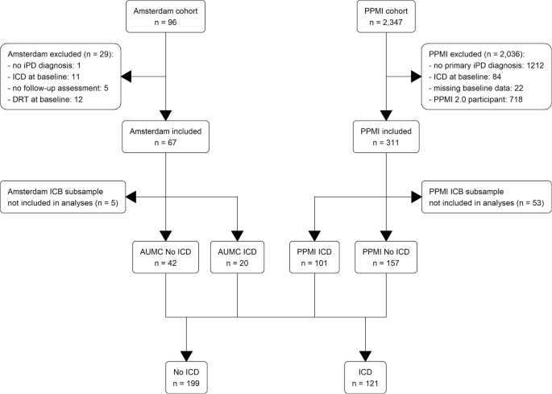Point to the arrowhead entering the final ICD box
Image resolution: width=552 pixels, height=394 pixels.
(367, 355)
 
